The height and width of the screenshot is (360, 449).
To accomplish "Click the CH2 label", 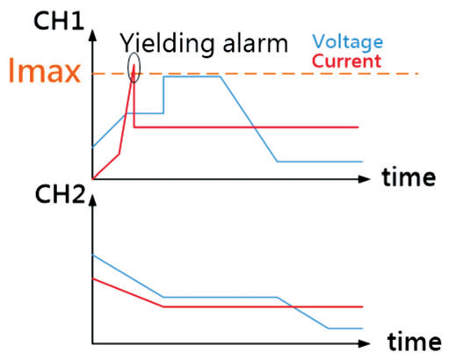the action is [x=60, y=195].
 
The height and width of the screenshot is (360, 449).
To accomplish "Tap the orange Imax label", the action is [x=45, y=70].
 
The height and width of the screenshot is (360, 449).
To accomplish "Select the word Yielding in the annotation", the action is [x=167, y=44].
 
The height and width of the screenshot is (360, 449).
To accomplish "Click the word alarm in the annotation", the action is [x=256, y=44].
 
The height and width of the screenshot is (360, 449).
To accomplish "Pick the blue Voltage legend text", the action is [x=348, y=42].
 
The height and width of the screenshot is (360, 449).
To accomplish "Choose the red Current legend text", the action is [x=347, y=61].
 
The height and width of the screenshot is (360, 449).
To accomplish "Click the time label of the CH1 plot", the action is [x=409, y=177].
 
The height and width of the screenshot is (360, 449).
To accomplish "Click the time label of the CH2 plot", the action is [x=414, y=342].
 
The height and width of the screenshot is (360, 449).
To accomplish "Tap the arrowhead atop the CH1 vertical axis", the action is [x=93, y=35].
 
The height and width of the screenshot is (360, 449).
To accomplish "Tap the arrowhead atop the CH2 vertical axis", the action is [x=93, y=200].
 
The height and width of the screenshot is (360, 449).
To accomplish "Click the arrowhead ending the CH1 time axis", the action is [x=365, y=179].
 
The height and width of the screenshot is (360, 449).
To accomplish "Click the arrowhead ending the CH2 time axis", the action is [x=365, y=343].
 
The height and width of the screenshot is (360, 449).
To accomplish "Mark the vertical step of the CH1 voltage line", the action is [x=163, y=95].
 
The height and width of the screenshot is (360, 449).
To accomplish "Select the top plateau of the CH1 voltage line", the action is [x=192, y=76].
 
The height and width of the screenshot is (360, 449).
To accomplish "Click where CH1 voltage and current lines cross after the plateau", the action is [x=254, y=127].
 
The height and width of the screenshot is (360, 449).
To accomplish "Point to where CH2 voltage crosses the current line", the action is [x=293, y=306].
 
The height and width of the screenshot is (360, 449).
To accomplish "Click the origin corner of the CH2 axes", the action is [x=93, y=343].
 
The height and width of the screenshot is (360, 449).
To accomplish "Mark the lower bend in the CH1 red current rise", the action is [x=119, y=154].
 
